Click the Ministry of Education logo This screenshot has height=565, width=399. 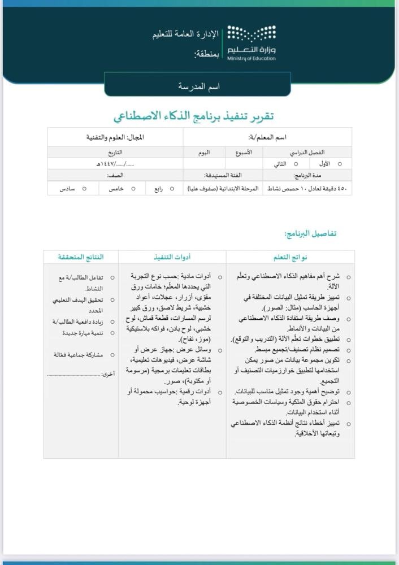[251, 43]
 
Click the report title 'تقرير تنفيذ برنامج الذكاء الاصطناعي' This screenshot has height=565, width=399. [194, 116]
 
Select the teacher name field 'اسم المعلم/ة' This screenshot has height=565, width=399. [267, 137]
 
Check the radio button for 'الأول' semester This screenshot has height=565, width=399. [340, 163]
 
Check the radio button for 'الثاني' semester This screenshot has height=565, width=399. [295, 163]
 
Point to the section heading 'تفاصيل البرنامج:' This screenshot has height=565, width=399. [311, 233]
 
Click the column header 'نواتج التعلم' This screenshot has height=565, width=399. [290, 257]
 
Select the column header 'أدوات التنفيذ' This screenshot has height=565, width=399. [172, 257]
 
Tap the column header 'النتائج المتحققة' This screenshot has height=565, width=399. [81, 257]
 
